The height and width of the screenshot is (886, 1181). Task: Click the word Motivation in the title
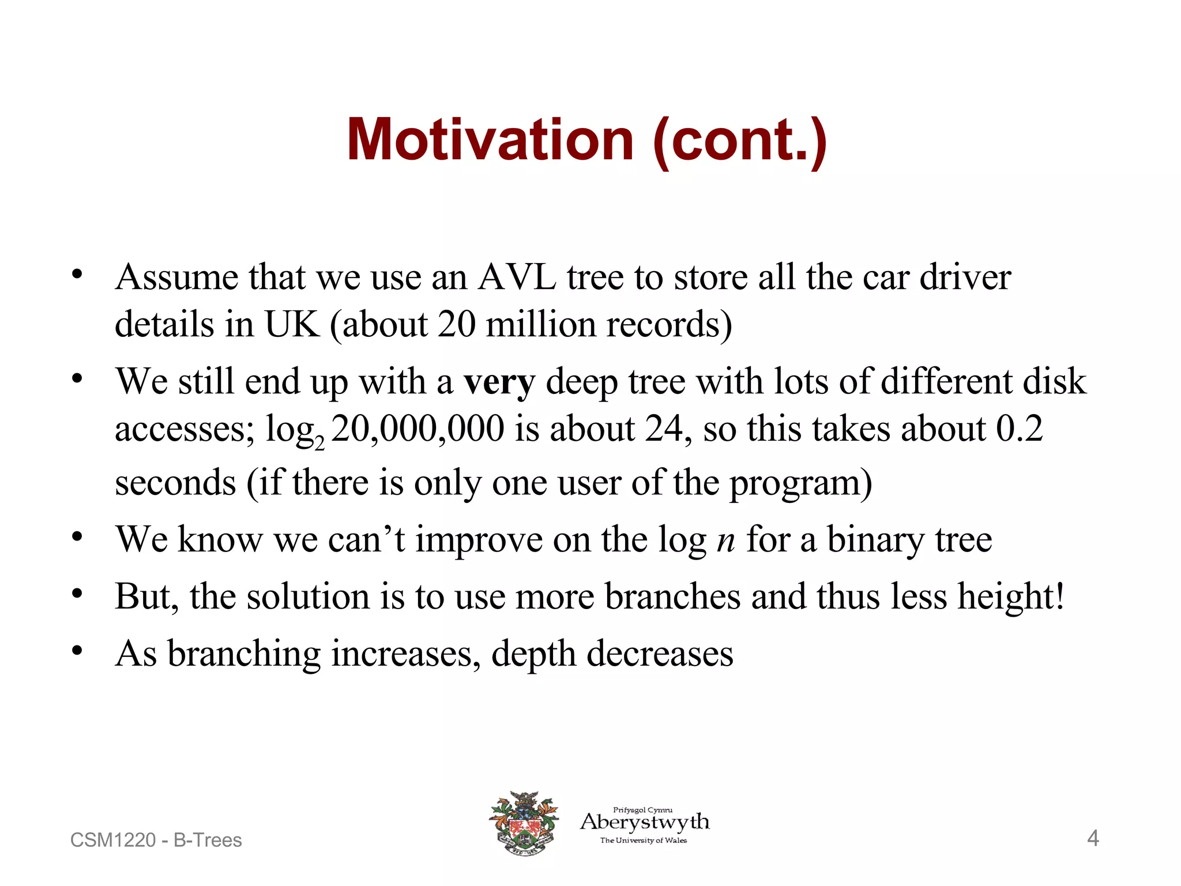[490, 140]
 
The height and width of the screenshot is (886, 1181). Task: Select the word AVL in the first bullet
[517, 277]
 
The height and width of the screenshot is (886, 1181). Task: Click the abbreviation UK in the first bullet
[291, 324]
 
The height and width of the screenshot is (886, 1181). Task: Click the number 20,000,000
[418, 430]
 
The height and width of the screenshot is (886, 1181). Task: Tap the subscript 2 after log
[319, 444]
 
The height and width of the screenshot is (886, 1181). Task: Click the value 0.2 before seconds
[1019, 430]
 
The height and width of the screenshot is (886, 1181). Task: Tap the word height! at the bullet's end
[1010, 596]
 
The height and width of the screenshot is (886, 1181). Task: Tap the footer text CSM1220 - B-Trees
[156, 840]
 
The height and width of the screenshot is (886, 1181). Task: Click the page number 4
[1093, 838]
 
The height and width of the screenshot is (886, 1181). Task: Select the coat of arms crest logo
[524, 823]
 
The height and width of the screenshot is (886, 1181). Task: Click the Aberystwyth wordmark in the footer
[645, 822]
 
